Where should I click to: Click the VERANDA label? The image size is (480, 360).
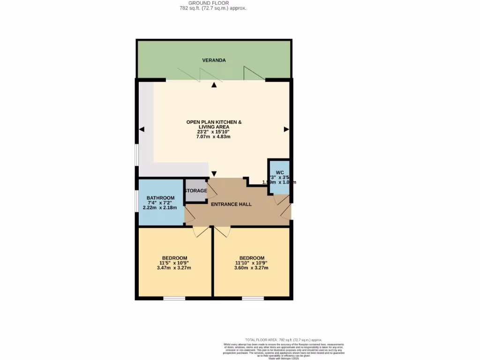tap(214, 60)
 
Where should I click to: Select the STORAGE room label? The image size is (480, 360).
tap(195, 191)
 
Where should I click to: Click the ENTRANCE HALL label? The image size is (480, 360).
tap(231, 204)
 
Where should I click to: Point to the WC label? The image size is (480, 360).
tap(280, 172)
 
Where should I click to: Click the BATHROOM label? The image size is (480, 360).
tap(160, 198)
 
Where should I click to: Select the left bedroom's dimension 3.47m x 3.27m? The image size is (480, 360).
tap(174, 268)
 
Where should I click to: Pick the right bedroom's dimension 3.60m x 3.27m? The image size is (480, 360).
tap(252, 268)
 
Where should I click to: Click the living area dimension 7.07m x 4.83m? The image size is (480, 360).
tap(214, 136)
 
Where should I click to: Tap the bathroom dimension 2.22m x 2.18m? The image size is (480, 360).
tap(160, 208)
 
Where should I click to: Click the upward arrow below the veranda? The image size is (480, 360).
tap(214, 85)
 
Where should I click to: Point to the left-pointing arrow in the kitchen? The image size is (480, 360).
tap(142, 129)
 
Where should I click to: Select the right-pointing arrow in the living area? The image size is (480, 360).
tap(286, 129)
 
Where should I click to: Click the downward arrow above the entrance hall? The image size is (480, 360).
tap(214, 173)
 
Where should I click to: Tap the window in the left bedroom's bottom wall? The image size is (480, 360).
tap(174, 298)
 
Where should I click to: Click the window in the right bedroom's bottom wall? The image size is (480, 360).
tap(253, 298)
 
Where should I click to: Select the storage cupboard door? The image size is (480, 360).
tap(211, 189)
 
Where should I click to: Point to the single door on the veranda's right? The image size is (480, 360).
tap(253, 73)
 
